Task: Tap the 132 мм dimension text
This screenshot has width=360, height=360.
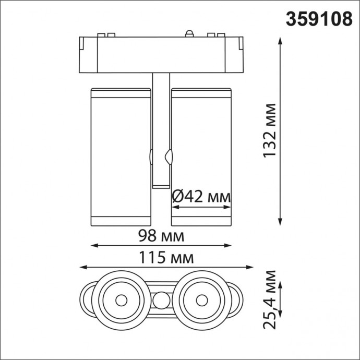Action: click(x=270, y=130)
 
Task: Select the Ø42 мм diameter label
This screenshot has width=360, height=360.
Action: click(x=201, y=197)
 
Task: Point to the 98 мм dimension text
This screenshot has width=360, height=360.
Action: click(x=161, y=236)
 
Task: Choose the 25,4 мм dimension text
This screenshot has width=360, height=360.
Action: click(x=270, y=299)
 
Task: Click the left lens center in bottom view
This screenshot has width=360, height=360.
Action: click(x=121, y=300)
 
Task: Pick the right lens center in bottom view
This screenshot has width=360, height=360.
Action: click(x=201, y=300)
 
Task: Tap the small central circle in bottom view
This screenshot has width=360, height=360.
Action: click(x=161, y=301)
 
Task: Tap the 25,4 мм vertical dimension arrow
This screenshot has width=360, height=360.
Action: click(x=282, y=299)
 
